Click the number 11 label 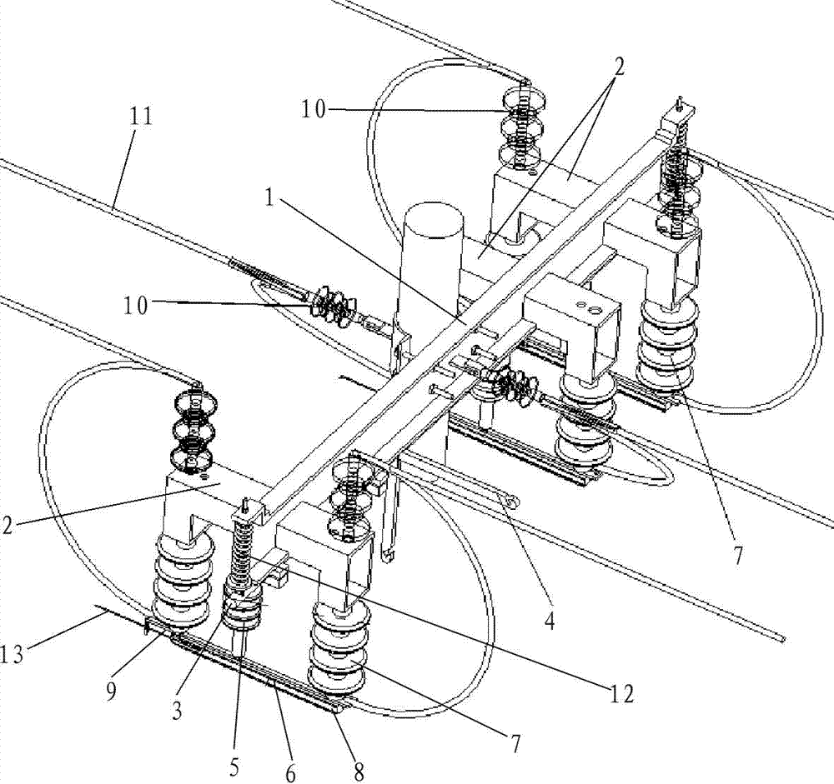pyautogui.click(x=140, y=117)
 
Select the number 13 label pyautogui.click(x=12, y=654)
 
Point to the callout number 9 pyautogui.click(x=111, y=692)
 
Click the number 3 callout pyautogui.click(x=177, y=710)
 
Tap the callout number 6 pyautogui.click(x=290, y=773)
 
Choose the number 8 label pyautogui.click(x=359, y=772)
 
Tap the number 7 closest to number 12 pyautogui.click(x=515, y=743)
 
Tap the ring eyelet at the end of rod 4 pyautogui.click(x=513, y=502)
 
